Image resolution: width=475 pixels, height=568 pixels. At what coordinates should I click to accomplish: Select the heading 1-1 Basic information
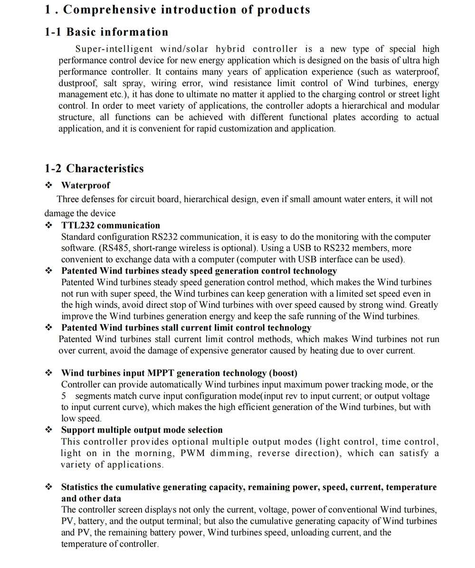pos(106,32)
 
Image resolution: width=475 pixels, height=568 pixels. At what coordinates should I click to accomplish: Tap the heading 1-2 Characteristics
pos(94,168)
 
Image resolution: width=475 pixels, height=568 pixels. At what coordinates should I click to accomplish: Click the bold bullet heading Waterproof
pos(85,186)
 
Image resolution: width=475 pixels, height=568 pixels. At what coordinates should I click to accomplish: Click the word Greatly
pos(424,305)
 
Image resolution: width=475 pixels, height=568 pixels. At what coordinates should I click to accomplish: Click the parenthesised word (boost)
pos(284,373)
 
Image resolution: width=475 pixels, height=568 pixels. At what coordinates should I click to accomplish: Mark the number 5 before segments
pos(64,396)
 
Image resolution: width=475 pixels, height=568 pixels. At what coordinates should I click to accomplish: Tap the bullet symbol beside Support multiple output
pos(48,430)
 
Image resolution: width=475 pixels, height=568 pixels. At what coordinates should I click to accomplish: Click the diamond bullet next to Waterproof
pos(48,186)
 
